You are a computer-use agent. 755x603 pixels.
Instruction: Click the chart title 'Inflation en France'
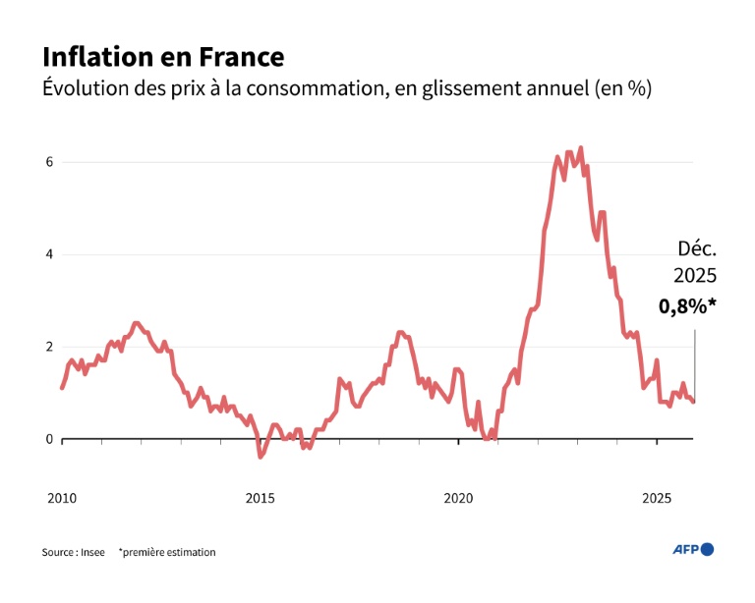[x=163, y=56]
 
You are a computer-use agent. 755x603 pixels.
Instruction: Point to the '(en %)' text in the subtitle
[x=623, y=88]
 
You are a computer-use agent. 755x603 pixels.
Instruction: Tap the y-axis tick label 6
[x=47, y=162]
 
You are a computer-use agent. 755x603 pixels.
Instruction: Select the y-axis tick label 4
[x=47, y=254]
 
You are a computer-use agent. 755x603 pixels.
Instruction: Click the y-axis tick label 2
[x=47, y=347]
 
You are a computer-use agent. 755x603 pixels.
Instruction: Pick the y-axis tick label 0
[x=47, y=439]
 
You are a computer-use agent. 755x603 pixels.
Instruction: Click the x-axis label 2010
[x=61, y=498]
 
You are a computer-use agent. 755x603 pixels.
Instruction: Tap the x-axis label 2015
[x=260, y=498]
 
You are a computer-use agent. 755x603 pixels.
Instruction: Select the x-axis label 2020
[x=458, y=498]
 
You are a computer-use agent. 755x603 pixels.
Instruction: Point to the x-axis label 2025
[x=657, y=498]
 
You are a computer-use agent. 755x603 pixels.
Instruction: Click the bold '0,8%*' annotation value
[x=687, y=306]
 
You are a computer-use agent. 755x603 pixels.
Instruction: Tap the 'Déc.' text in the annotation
[x=697, y=248]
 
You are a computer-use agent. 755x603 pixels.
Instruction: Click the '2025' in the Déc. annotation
[x=694, y=277]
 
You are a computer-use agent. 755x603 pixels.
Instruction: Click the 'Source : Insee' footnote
[x=73, y=552]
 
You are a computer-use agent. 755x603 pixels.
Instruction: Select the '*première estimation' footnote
[x=167, y=552]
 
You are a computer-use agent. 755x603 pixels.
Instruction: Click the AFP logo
[x=693, y=549]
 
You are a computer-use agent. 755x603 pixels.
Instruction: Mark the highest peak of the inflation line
[x=581, y=148]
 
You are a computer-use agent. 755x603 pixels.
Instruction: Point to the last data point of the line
[x=694, y=401]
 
